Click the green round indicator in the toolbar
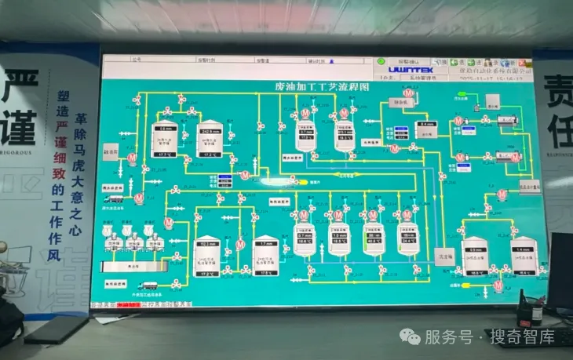pos(380,60)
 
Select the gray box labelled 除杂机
pos(111,147)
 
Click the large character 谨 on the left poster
pos(19,120)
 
